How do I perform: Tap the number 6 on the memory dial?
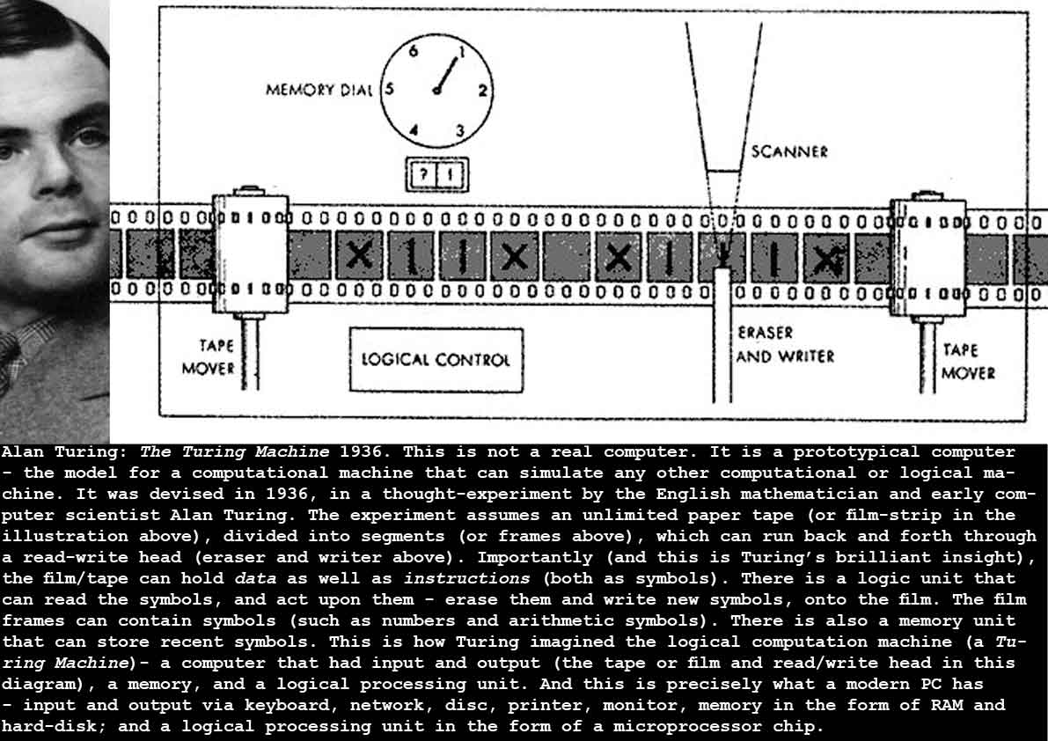tap(412, 51)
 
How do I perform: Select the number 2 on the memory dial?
tap(482, 89)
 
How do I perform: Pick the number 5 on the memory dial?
tap(390, 89)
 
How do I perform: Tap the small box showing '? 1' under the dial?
tap(436, 173)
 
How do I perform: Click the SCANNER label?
tap(789, 151)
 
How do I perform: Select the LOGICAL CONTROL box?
tap(436, 359)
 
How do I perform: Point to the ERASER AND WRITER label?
tap(784, 345)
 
